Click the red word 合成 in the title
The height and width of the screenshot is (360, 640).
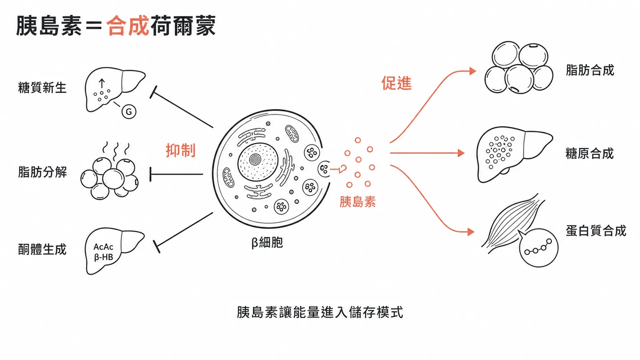point(128,26)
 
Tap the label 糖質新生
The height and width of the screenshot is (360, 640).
point(42,88)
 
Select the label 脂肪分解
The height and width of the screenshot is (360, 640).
point(42,172)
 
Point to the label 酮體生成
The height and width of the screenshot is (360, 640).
point(42,250)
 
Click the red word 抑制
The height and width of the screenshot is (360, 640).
point(180,150)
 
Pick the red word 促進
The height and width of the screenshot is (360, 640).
point(396,84)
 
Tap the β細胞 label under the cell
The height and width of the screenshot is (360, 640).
point(267,242)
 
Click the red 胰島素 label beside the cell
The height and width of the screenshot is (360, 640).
point(358,202)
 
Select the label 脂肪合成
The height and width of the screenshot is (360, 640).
point(590,70)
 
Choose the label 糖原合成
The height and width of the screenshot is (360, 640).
point(590,154)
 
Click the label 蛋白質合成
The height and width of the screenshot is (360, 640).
point(596,231)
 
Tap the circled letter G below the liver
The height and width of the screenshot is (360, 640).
point(129,112)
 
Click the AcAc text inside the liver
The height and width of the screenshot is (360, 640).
point(103,247)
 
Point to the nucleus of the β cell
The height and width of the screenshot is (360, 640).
point(258,162)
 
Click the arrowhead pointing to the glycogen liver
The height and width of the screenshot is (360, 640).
point(461,153)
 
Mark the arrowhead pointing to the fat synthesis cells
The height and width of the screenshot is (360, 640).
point(473,71)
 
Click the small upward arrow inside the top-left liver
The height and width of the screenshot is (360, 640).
point(102,83)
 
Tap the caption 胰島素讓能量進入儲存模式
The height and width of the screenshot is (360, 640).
point(320,312)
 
